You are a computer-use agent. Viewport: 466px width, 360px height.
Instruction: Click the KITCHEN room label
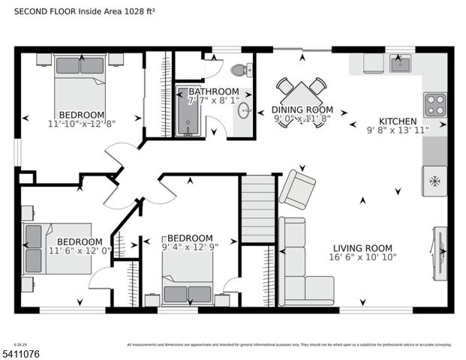coord(398,121)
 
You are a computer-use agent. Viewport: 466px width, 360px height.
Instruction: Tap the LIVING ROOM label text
coord(362,248)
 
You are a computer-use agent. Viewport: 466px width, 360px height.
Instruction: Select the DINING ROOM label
coord(302,109)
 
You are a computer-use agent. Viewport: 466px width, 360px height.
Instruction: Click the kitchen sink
coord(400,64)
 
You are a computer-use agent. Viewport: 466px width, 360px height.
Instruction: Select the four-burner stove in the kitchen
coord(435,104)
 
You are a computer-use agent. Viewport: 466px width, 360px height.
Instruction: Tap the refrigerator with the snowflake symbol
coord(434,181)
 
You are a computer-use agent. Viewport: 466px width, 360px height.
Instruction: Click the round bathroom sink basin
coord(245,111)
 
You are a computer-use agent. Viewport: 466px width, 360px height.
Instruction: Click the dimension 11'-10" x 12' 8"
coord(81,124)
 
